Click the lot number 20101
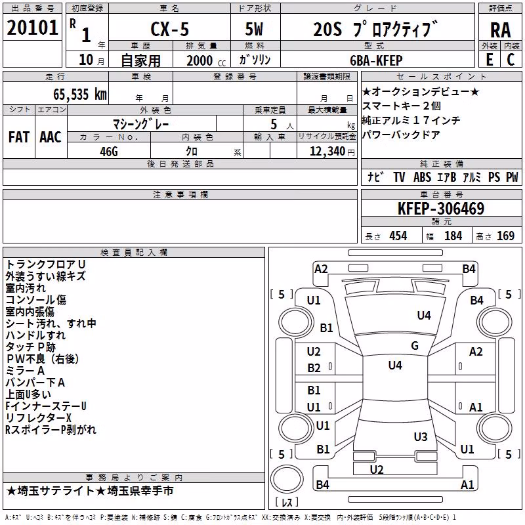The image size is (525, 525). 32,28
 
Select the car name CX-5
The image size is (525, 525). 170,29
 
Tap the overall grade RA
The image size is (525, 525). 501,30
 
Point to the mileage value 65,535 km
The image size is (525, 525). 80,94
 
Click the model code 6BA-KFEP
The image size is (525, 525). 376,60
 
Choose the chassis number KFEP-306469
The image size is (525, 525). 441,209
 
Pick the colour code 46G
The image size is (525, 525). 109,152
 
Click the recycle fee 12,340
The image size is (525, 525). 327,152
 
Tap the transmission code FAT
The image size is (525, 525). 19,137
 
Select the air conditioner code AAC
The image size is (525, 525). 51,137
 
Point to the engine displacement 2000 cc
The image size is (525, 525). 206,60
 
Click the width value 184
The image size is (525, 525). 453,236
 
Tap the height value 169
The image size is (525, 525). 505,236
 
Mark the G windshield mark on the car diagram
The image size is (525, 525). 415,346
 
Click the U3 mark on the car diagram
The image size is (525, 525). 421,437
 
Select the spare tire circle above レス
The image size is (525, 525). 287,478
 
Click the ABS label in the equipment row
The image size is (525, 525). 422,177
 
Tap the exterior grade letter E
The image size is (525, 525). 490,60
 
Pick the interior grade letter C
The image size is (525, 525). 511,60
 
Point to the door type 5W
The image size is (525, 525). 254,29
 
